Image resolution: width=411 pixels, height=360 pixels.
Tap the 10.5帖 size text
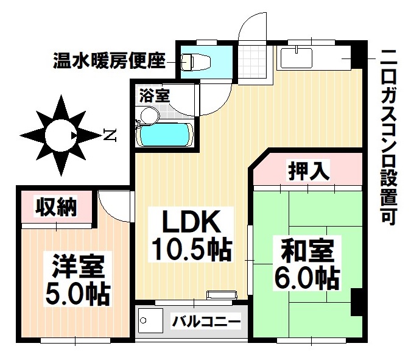coord(189,250)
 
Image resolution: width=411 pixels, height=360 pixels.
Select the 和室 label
coord(307,251)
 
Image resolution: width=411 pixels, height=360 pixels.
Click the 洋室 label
coord(77,267)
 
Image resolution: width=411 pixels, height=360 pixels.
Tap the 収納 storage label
coord(55,207)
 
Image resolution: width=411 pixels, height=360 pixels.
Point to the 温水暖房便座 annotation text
coord(109,61)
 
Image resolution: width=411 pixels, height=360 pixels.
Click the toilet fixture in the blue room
coord(196,61)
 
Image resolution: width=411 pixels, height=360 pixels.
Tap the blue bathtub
coord(165,135)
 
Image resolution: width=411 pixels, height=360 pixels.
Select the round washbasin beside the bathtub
coord(147,114)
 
